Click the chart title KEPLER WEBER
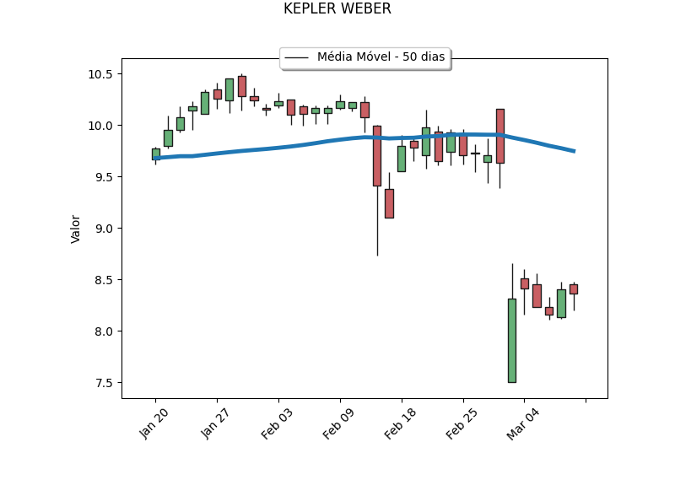pos(337,9)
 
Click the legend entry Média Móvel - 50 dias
pos(381,57)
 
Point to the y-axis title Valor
pos(76,229)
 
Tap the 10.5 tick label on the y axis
pos(100,74)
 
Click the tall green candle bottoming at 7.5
pos(512,340)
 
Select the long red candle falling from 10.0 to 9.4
pos(376,155)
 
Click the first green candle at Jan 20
pos(155,154)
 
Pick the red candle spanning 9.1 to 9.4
pos(389,203)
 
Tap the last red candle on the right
pos(574,288)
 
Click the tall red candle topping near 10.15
pos(499,136)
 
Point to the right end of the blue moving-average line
pos(575,151)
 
